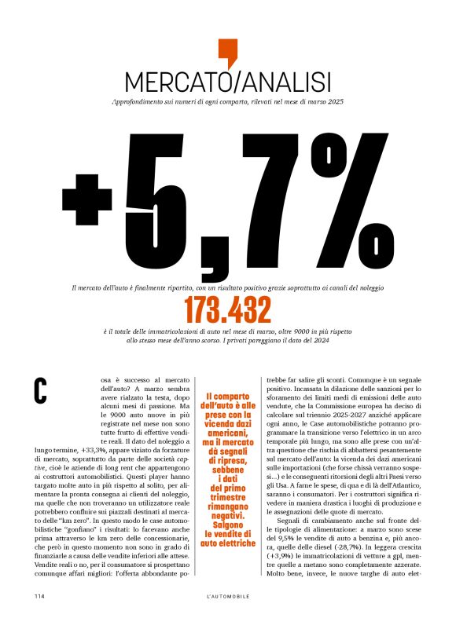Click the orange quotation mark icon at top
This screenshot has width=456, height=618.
tap(227, 52)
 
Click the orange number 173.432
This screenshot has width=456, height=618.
tap(227, 312)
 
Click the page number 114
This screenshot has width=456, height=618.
tap(39, 596)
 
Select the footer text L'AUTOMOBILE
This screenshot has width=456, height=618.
tap(227, 596)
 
